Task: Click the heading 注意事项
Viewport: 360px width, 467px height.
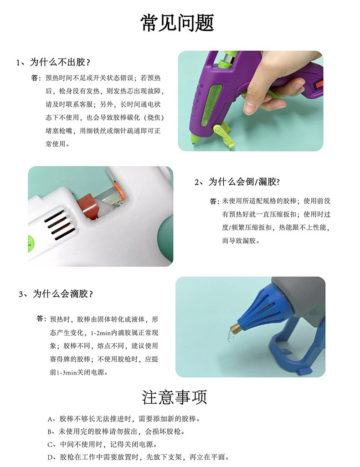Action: click(x=175, y=397)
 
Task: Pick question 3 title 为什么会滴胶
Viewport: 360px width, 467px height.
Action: click(x=59, y=294)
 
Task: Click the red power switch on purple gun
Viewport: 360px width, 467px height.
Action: click(x=319, y=84)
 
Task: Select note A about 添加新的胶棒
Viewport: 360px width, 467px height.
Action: click(x=124, y=418)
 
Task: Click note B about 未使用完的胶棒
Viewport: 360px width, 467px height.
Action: click(x=116, y=431)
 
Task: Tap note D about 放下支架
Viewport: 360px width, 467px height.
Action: click(x=138, y=457)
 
